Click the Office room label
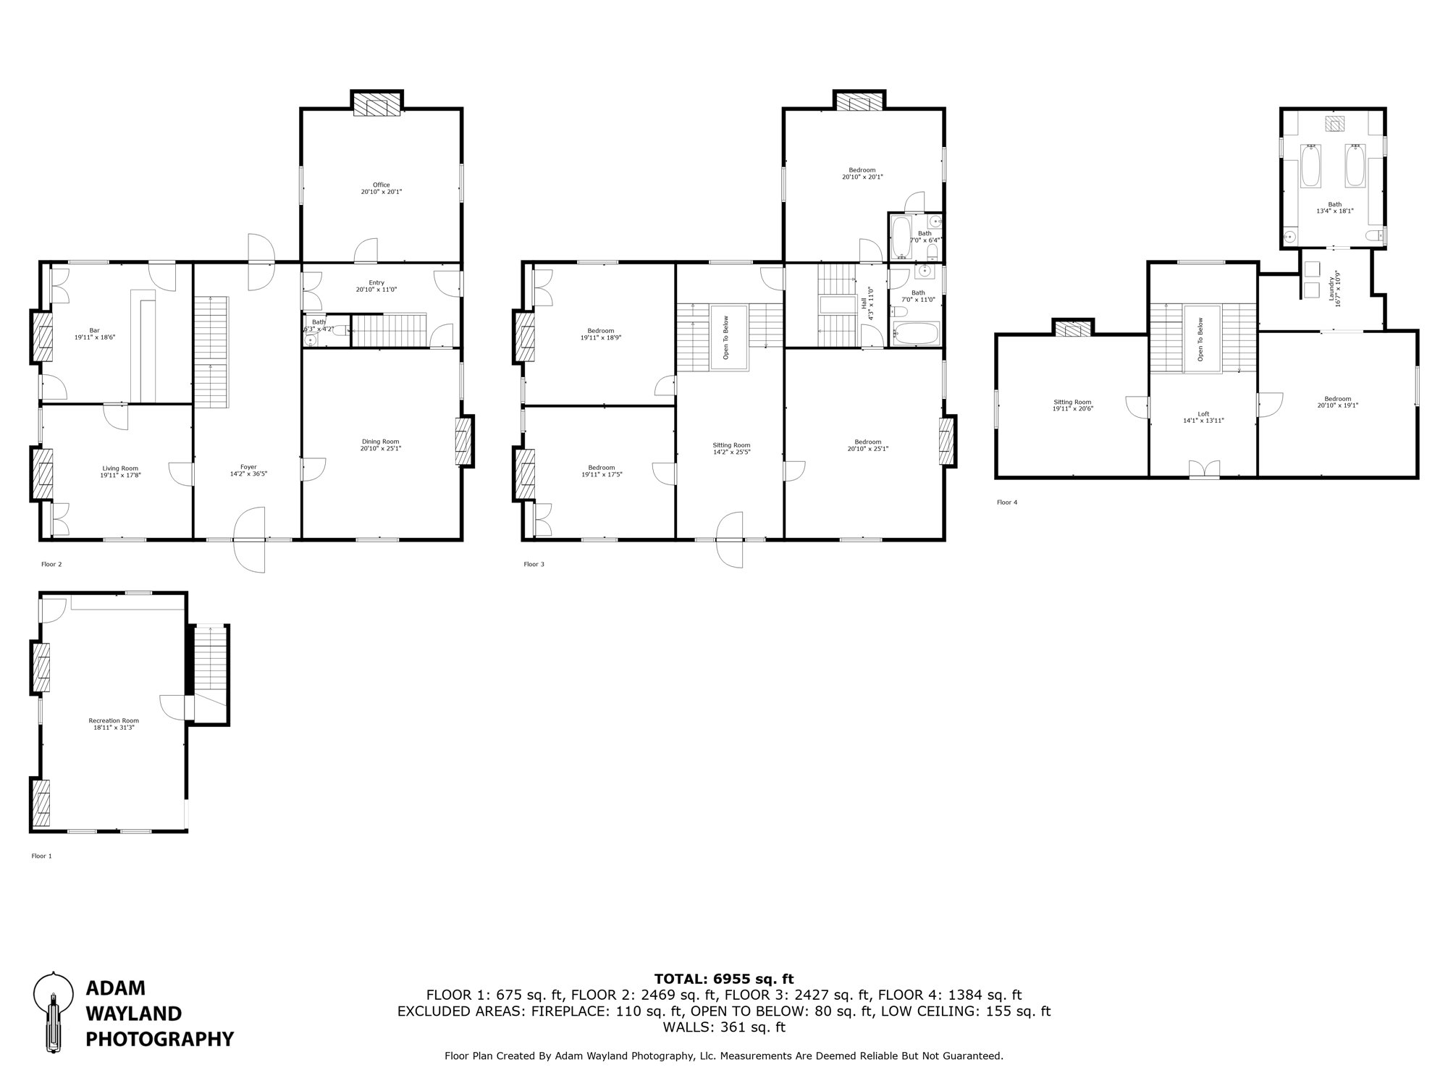[381, 185]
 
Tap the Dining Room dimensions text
[381, 448]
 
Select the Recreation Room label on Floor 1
[114, 720]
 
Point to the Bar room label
[94, 330]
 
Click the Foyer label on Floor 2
[248, 467]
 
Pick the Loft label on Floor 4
[1203, 414]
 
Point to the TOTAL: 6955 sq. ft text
[724, 979]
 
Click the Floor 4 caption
[1006, 502]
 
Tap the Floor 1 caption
[41, 856]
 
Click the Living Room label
[119, 468]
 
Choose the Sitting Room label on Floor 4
[1072, 402]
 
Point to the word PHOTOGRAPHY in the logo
[159, 1040]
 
